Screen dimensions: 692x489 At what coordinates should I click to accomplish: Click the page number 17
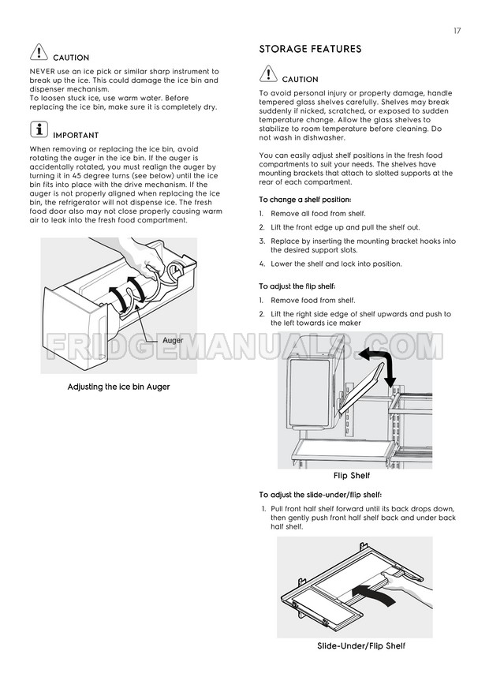click(457, 31)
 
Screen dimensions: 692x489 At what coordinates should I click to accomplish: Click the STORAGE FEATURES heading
click(310, 50)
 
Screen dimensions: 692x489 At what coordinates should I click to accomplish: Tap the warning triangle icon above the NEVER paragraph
click(38, 53)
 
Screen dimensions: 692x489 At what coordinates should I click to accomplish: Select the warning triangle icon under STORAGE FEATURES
click(268, 75)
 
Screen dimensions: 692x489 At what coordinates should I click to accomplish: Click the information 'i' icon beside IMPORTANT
click(38, 130)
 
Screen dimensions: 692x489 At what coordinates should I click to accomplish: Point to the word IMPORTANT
click(76, 136)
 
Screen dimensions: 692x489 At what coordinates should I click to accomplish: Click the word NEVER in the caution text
click(44, 72)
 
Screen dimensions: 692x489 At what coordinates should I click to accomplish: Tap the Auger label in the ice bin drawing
click(173, 340)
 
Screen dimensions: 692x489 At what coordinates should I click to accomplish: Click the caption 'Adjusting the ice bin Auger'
click(118, 387)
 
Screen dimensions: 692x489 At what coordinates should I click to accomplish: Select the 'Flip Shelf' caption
click(351, 476)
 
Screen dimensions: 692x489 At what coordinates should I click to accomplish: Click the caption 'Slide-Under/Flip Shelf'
click(360, 646)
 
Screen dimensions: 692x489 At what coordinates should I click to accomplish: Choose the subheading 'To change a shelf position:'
click(305, 200)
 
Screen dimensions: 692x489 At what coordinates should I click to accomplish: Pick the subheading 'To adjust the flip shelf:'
click(297, 286)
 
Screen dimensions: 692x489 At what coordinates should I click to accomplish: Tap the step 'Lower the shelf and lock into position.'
click(336, 264)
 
